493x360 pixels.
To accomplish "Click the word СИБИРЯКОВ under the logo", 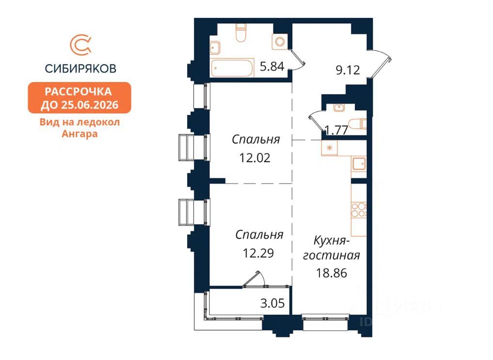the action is pos(80,68).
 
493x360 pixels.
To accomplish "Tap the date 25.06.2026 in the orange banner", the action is pos(90,104).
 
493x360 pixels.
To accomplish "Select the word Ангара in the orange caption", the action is pos(80,134).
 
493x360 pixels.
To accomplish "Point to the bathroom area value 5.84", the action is pos(272,66).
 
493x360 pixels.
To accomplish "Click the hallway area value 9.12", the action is pos(348,70).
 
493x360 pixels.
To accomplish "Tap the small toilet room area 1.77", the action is pos(336,130).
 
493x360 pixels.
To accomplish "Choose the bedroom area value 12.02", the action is pos(255,158).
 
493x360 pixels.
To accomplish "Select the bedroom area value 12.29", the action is pos(258,253).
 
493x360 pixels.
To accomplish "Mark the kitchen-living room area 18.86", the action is pos(332,273).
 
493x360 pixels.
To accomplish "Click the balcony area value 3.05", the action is pos(272,303).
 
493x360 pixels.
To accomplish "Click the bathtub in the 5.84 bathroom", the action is pos(232,67).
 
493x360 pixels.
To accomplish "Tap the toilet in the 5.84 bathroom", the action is pos(240,33).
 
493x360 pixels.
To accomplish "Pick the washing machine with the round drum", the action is pos(280,42).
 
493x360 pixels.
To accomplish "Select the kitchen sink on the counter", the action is pos(359,164).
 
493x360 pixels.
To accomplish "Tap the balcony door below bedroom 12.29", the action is pos(254,279).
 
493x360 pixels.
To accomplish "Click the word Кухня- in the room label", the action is pos(332,241).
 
